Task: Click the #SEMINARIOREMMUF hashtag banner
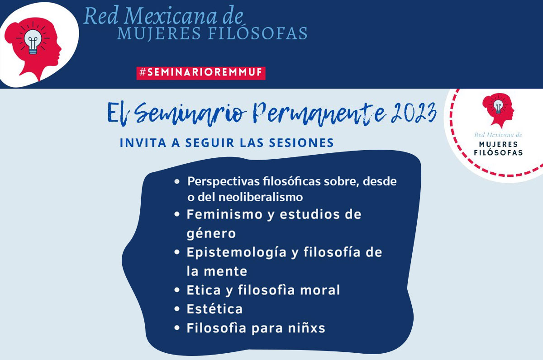201,73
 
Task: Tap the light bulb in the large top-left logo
33,42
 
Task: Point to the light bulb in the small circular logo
498,107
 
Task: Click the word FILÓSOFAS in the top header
257,33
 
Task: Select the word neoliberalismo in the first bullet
261,197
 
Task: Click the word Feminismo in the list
225,215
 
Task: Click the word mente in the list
225,271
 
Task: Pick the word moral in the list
320,290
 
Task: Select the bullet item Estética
214,309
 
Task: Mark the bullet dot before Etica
177,290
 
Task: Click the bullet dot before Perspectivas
177,181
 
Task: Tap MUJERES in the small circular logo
498,144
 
